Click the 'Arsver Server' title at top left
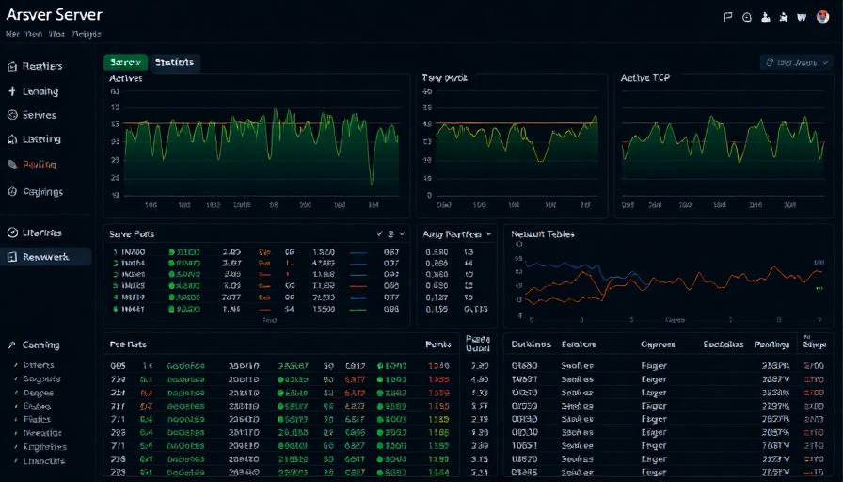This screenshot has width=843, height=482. (54, 15)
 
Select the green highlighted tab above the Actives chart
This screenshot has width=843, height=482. (125, 62)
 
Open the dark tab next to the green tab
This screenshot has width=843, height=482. (174, 62)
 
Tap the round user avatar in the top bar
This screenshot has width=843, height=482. (821, 16)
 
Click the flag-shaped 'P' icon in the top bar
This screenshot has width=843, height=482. (727, 16)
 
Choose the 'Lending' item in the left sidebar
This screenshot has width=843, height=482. (40, 91)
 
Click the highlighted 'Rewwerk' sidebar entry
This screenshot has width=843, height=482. (45, 256)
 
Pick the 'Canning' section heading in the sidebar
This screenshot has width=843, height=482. (40, 345)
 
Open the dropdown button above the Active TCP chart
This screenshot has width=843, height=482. (796, 62)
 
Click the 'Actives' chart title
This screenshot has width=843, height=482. (126, 78)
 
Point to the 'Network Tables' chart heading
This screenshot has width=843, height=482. (542, 233)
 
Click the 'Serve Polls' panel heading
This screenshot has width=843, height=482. (132, 233)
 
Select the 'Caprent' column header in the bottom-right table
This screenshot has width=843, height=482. (658, 345)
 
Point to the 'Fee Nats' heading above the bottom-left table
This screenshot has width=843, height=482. (128, 345)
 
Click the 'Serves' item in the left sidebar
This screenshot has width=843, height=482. (39, 115)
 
